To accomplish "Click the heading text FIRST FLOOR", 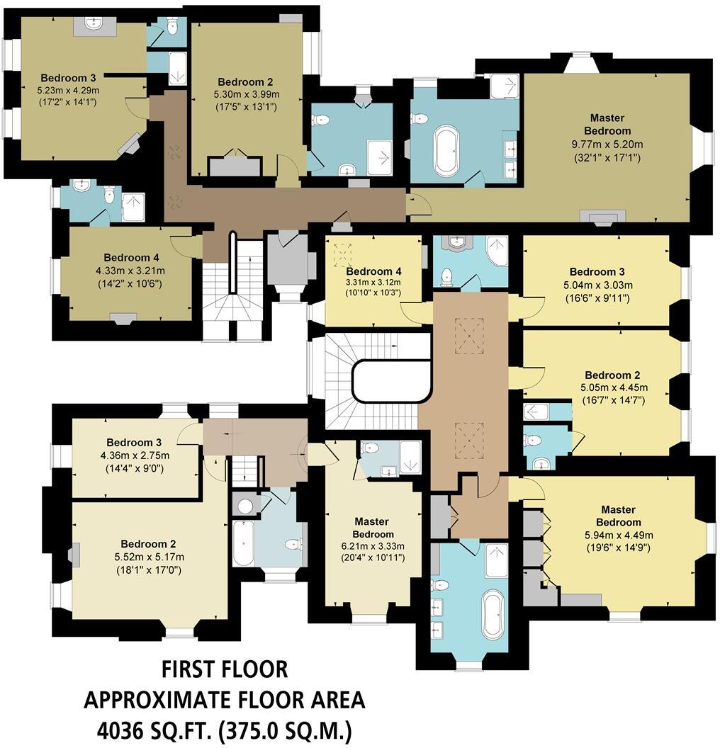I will [x=225, y=669].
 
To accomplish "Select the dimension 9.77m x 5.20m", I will [x=607, y=144].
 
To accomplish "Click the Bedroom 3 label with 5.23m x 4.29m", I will [x=69, y=78].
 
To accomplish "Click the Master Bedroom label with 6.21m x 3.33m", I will [x=373, y=528].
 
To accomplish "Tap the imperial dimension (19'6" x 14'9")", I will [x=607, y=548].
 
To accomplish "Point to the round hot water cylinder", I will [x=245, y=506].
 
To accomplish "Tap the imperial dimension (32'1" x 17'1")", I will [x=607, y=157].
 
